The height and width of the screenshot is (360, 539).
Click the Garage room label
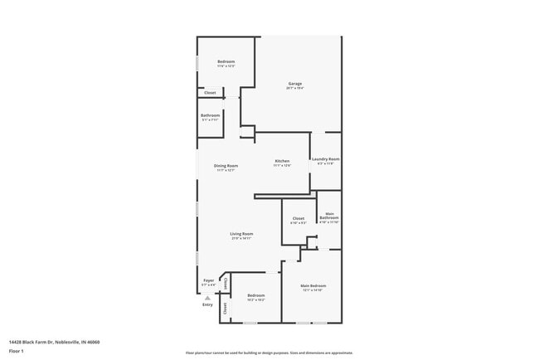(294, 83)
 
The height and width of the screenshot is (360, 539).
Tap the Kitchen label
(282, 160)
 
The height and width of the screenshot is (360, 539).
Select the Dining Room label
(226, 165)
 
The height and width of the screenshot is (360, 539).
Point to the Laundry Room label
(325, 158)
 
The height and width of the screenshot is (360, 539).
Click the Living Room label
(241, 234)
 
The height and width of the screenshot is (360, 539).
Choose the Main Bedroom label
(312, 285)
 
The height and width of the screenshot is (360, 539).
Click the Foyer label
(209, 280)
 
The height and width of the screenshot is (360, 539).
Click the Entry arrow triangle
(207, 297)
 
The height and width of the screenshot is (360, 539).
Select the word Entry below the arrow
(207, 304)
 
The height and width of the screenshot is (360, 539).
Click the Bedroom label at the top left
(226, 61)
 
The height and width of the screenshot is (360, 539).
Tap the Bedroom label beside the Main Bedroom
(255, 295)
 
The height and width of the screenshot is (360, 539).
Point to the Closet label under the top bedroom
(210, 93)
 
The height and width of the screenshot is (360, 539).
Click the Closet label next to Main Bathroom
(299, 218)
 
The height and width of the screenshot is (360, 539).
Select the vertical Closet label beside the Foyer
(225, 284)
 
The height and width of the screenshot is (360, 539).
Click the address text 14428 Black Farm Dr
(54, 341)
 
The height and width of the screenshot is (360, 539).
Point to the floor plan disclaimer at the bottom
(269, 353)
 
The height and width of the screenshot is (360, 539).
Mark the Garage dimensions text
(294, 88)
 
